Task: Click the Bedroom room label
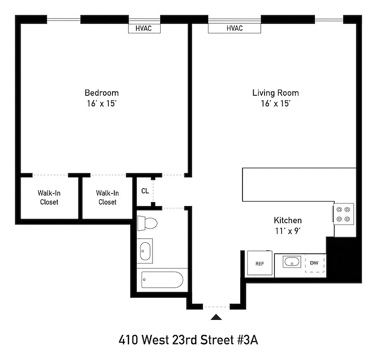click(x=102, y=93)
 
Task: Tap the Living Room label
click(x=275, y=93)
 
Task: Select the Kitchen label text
click(x=287, y=220)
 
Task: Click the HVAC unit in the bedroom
click(x=144, y=28)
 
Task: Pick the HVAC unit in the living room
click(x=234, y=28)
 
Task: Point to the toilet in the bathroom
click(x=147, y=222)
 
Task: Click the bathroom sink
click(x=146, y=250)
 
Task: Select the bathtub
click(x=162, y=279)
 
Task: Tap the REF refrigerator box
click(x=260, y=263)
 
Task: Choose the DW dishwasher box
click(x=314, y=262)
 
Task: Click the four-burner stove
click(x=343, y=214)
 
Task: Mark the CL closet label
click(x=145, y=191)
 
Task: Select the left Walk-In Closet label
click(x=49, y=198)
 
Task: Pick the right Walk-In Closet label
click(x=107, y=198)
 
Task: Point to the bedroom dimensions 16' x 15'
click(x=102, y=103)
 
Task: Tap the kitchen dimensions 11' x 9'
click(x=287, y=231)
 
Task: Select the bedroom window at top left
click(x=63, y=19)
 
